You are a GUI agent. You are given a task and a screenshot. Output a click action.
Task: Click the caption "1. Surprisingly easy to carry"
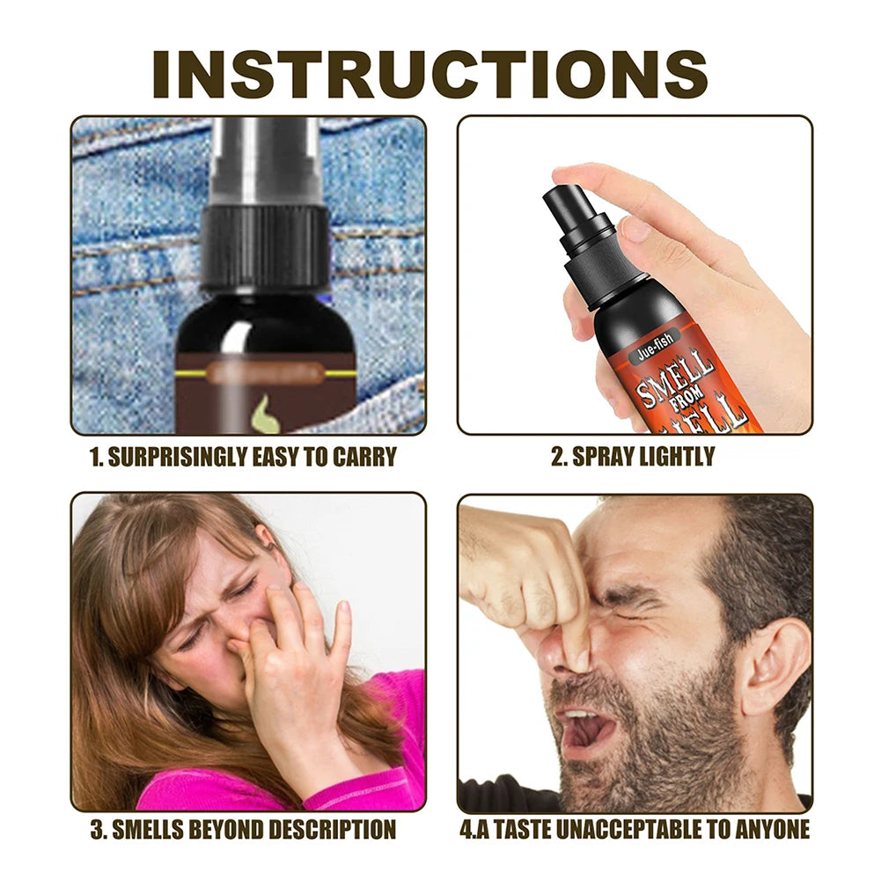[x=244, y=457]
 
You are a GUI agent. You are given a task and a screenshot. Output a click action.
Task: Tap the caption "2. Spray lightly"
[x=633, y=457]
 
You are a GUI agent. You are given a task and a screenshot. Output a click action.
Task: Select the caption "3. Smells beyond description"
[x=243, y=829]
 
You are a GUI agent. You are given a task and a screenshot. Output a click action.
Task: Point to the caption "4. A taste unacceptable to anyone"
[x=635, y=829]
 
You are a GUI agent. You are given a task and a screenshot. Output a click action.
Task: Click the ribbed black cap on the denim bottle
[x=264, y=246]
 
